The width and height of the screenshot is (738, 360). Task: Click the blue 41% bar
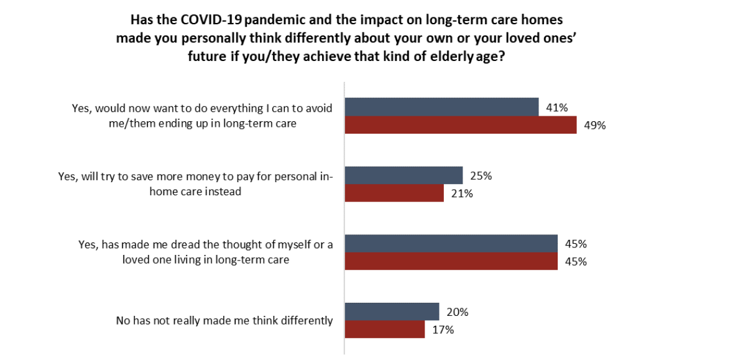(x=442, y=107)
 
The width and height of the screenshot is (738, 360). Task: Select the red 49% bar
(x=461, y=125)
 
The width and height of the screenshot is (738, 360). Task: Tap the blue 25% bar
(x=404, y=175)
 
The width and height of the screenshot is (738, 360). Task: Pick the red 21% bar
(x=394, y=193)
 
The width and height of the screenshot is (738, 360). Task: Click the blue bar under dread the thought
(x=451, y=243)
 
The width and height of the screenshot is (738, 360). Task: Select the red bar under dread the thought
(x=451, y=261)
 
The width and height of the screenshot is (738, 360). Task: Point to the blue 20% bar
(x=392, y=312)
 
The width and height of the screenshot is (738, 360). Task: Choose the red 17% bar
(x=385, y=330)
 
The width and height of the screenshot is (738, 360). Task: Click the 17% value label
(x=443, y=330)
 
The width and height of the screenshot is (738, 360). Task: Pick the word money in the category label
(x=214, y=177)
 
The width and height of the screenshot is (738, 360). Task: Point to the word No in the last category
(x=121, y=321)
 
